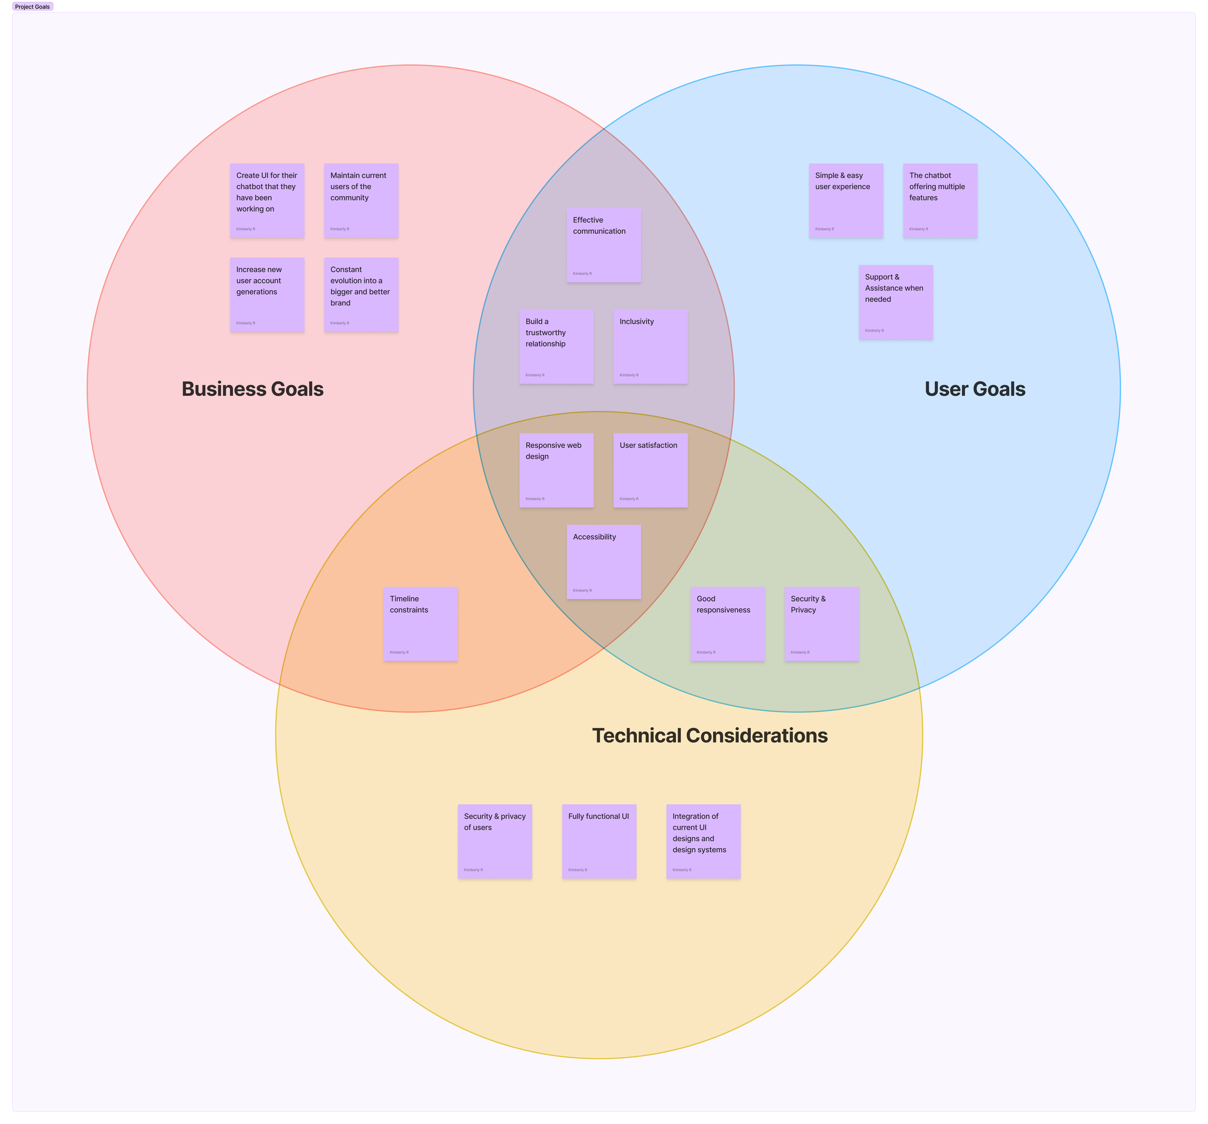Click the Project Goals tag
tap(33, 7)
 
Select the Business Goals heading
tap(252, 389)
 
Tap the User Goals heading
tap(975, 389)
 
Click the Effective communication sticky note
tap(604, 245)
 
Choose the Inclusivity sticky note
tap(650, 346)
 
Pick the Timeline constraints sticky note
tap(420, 623)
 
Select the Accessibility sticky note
tap(604, 562)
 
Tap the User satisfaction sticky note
tap(650, 470)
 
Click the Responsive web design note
tap(556, 470)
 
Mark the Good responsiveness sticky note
tap(727, 623)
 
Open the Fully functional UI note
tap(599, 841)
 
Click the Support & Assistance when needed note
tap(896, 302)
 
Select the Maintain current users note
tap(361, 201)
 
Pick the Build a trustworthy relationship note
tap(556, 346)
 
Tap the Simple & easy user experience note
tap(846, 201)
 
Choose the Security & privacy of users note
tap(495, 841)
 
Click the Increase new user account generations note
tap(267, 295)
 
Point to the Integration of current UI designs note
tap(703, 841)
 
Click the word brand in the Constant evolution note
tap(340, 303)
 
